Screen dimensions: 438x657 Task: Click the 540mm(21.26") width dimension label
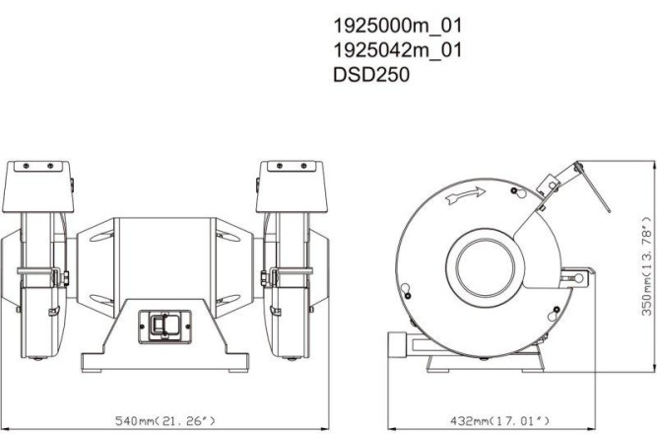pyautogui.click(x=165, y=421)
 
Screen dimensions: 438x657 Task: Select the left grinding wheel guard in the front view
pyautogui.click(x=39, y=296)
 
